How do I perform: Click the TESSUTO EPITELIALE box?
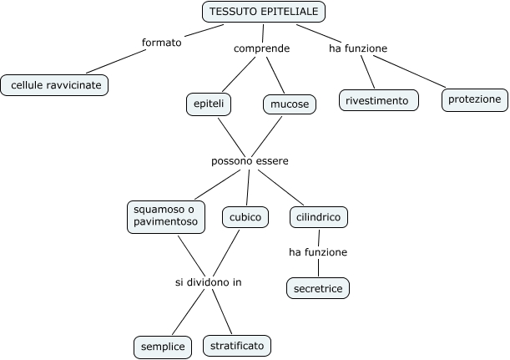(x=264, y=12)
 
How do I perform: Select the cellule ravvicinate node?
(x=55, y=84)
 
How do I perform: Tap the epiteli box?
(x=209, y=104)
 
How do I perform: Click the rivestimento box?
(x=376, y=101)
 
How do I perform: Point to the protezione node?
(x=474, y=99)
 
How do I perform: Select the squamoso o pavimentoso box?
(x=164, y=215)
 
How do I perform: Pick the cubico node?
(x=245, y=217)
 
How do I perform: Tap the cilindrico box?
(x=318, y=217)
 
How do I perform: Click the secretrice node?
(x=317, y=289)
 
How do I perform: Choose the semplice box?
(x=163, y=345)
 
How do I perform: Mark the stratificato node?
(x=236, y=344)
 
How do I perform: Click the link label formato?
(x=162, y=43)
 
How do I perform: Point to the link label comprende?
(x=261, y=48)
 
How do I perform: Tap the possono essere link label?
(x=250, y=160)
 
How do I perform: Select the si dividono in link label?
(x=208, y=282)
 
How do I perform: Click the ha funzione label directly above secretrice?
(x=317, y=251)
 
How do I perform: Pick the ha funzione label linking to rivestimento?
(x=358, y=48)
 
